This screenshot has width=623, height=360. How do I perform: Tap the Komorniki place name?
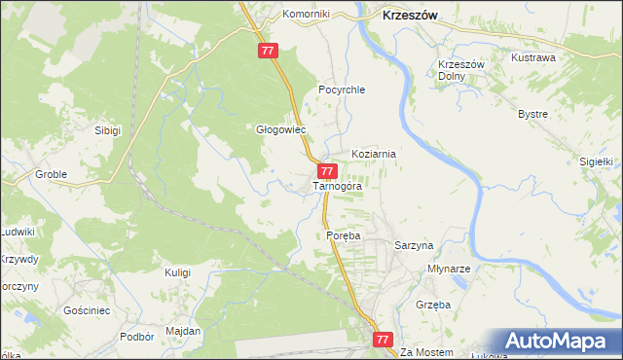(307, 15)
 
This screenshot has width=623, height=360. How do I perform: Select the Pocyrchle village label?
(341, 90)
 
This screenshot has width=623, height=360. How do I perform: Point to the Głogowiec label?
(280, 128)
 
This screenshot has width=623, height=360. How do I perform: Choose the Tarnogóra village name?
(337, 185)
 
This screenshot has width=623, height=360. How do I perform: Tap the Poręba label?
(344, 235)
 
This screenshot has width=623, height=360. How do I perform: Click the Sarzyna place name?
(413, 246)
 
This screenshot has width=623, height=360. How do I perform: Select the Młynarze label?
(450, 269)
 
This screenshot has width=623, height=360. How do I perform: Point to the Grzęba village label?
(433, 305)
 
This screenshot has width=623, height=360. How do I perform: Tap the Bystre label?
(532, 114)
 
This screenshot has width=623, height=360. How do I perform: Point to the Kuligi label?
(177, 272)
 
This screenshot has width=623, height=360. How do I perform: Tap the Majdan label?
(183, 331)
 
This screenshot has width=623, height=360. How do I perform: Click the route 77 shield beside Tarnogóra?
(328, 171)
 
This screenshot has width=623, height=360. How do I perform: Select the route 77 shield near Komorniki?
(270, 51)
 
